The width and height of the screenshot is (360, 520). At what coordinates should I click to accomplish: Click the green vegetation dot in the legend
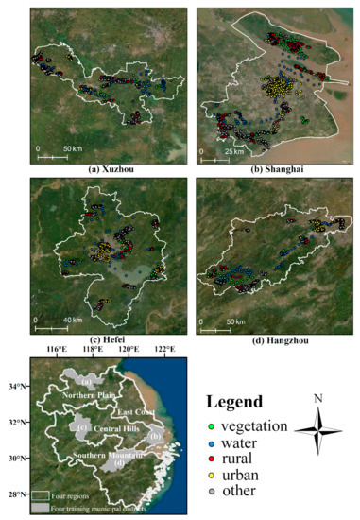coord(214,426)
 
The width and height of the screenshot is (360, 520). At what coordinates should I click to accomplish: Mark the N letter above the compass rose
coord(317,398)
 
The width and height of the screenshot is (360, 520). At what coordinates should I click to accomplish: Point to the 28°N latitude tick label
coord(18,494)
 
